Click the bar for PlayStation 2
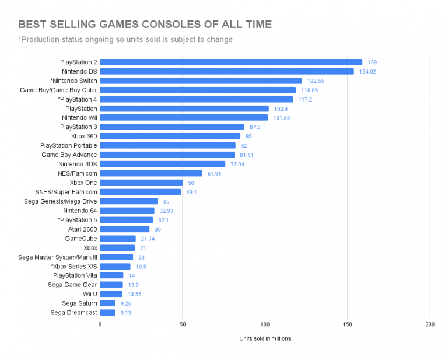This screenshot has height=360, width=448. (x=231, y=62)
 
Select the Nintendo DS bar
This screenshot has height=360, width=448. (x=227, y=71)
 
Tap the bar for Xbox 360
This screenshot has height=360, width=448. (x=170, y=136)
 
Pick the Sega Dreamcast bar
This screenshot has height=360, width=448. (x=108, y=312)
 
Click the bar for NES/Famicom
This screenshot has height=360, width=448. (x=151, y=173)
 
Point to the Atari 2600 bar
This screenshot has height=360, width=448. (x=125, y=229)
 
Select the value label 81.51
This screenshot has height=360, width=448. (x=246, y=155)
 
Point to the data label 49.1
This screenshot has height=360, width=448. (x=191, y=192)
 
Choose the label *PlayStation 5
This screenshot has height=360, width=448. (x=78, y=219)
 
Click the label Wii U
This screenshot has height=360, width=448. (x=89, y=294)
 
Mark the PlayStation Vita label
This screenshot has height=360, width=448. (x=75, y=275)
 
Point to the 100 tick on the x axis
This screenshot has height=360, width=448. (x=265, y=324)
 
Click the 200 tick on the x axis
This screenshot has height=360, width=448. (x=430, y=324)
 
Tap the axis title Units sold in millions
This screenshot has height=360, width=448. (x=265, y=338)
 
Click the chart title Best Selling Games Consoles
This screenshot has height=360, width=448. (x=145, y=25)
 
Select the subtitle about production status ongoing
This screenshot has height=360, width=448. (x=125, y=40)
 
